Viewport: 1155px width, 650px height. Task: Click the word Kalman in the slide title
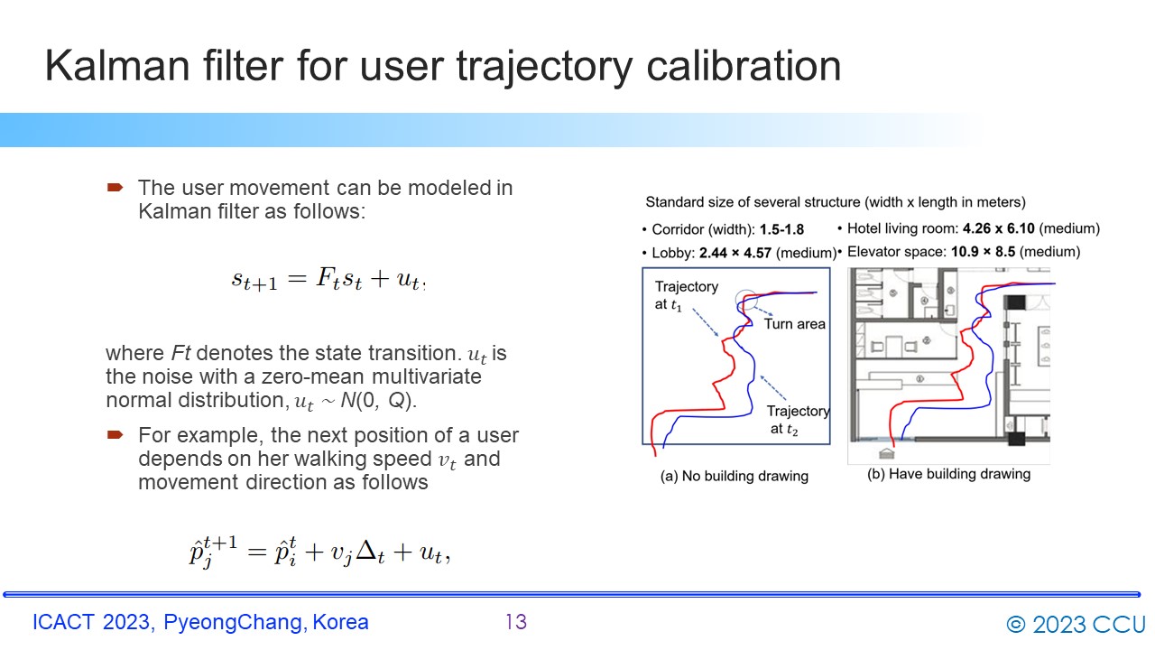click(117, 66)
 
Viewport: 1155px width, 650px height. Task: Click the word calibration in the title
click(744, 66)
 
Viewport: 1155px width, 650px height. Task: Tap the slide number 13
click(516, 622)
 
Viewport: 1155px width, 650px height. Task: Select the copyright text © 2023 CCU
click(1076, 624)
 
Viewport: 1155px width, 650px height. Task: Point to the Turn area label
click(794, 324)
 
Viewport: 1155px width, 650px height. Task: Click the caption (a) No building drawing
click(734, 476)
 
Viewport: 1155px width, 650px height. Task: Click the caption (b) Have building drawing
click(948, 474)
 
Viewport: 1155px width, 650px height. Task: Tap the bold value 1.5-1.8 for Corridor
click(781, 229)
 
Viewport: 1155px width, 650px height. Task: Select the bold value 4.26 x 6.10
click(998, 228)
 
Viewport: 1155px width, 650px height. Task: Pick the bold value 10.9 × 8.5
click(983, 251)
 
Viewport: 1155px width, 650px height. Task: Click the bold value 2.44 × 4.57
click(735, 253)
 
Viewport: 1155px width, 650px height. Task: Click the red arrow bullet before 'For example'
click(115, 435)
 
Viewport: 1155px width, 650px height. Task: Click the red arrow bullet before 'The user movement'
click(115, 187)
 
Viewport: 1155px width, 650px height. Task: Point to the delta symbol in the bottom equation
click(366, 551)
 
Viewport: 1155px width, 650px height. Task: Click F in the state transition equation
click(326, 277)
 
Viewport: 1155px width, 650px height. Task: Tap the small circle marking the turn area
click(745, 299)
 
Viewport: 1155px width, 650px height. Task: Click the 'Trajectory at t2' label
click(797, 420)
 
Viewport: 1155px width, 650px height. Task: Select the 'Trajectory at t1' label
click(687, 295)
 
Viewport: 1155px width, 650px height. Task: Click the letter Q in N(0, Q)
click(396, 400)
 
